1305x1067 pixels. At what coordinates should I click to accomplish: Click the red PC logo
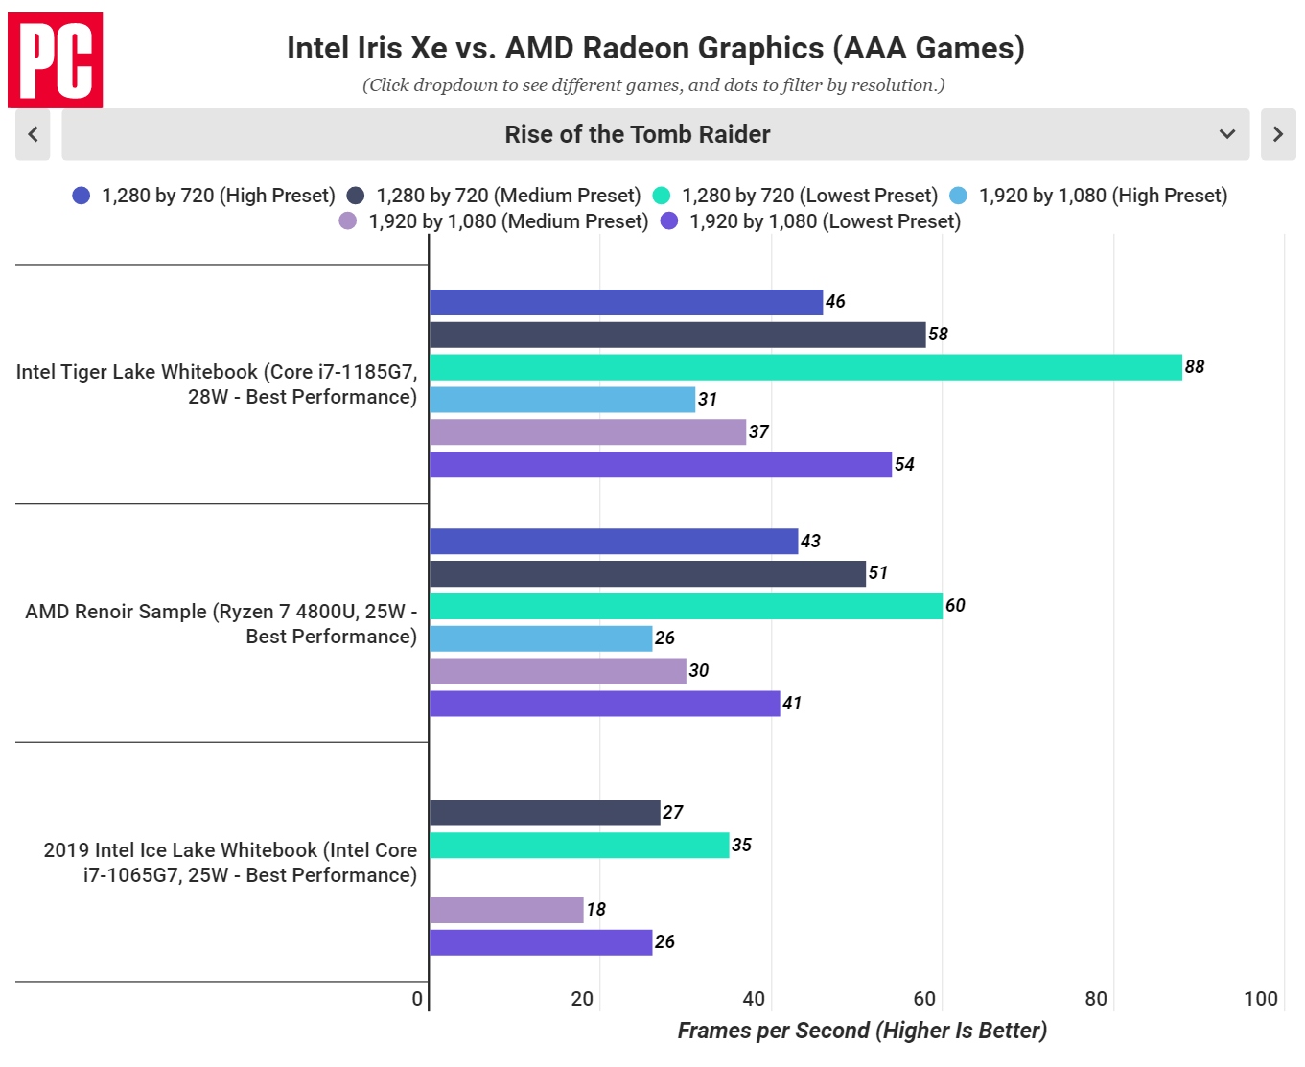click(56, 59)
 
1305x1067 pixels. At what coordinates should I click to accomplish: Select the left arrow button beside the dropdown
click(33, 134)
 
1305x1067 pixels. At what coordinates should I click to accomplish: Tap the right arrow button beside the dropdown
click(1277, 134)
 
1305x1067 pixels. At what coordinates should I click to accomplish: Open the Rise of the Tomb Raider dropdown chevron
click(1226, 134)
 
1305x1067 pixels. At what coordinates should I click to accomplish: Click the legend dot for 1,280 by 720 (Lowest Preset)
click(662, 196)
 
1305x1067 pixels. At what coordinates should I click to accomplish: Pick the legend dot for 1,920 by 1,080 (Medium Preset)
click(348, 221)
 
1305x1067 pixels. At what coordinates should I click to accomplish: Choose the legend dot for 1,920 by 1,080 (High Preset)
click(958, 196)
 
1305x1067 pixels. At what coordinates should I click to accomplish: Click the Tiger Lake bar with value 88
click(805, 367)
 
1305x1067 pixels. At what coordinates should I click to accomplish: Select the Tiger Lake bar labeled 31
click(562, 400)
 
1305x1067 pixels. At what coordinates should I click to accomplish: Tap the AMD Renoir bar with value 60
click(686, 606)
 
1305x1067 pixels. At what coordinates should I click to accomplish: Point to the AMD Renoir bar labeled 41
click(604, 704)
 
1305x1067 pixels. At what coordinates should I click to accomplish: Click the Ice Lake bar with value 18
click(506, 910)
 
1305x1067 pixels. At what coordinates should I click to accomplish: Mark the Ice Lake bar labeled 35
click(579, 845)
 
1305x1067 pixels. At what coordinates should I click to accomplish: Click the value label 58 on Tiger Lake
click(938, 334)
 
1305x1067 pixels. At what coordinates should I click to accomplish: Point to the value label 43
click(810, 541)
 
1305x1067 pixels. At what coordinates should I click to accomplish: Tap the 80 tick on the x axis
click(1096, 999)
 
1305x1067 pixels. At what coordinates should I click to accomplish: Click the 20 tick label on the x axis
click(582, 999)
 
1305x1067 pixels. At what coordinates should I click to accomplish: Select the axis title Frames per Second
click(861, 1031)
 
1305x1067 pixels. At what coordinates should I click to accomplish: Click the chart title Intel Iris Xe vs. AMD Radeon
click(655, 48)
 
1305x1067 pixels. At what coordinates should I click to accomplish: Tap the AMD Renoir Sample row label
click(221, 623)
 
